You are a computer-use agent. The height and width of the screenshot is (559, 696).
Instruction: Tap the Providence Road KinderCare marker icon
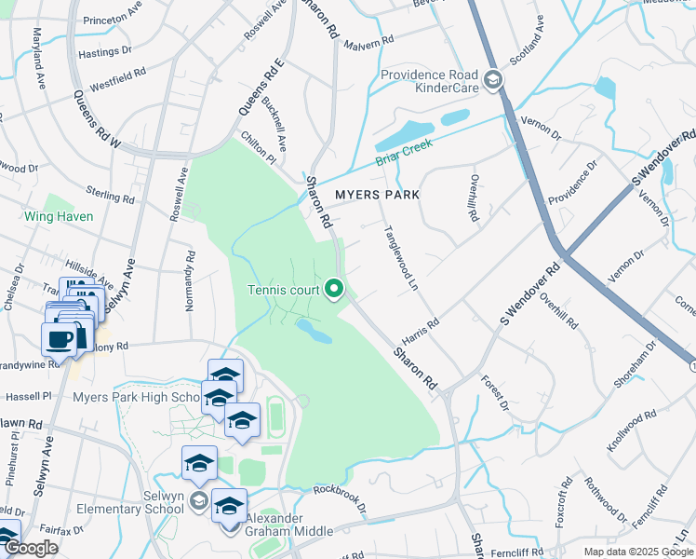tap(492, 81)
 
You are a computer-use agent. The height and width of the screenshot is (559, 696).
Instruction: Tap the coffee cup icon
tap(60, 340)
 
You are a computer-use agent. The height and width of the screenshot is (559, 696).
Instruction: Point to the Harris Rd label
tap(420, 327)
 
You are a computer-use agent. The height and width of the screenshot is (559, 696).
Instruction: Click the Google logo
tap(30, 549)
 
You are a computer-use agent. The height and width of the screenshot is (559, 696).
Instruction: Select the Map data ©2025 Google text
tap(637, 552)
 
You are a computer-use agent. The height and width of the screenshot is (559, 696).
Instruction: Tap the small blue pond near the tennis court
tap(314, 330)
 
